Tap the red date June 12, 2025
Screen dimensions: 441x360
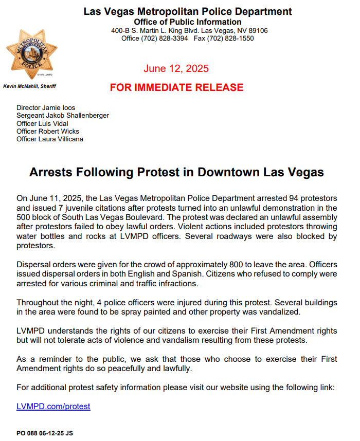coord(176,69)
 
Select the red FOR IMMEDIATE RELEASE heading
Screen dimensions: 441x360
coord(176,87)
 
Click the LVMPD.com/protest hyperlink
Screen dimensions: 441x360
coord(53,406)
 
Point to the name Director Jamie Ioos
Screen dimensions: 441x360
coord(46,108)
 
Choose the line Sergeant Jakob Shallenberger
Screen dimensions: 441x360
coord(63,116)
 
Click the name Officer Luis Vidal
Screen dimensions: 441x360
coord(42,123)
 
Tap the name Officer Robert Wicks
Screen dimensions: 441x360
coord(48,131)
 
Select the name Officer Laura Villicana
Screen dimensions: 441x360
coord(49,139)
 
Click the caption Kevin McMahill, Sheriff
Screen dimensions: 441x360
coord(30,86)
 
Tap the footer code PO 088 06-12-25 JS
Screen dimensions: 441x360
coord(45,433)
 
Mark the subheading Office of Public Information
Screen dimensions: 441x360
coord(188,22)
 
